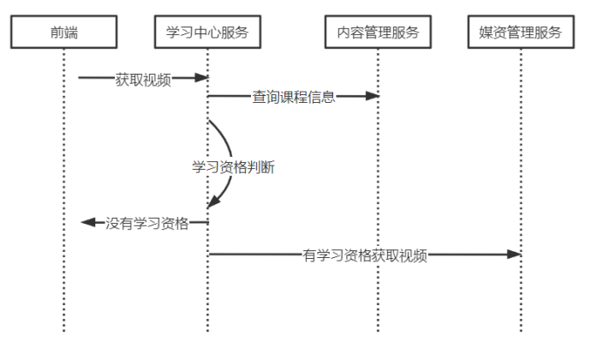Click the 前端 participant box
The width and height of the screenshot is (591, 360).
click(63, 33)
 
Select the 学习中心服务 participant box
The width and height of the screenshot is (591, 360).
click(208, 33)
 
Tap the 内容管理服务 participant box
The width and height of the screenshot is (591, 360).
click(378, 33)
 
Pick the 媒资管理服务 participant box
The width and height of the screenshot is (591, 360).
click(521, 33)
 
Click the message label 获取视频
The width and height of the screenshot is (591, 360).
click(143, 81)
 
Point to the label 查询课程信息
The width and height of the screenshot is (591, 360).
click(293, 97)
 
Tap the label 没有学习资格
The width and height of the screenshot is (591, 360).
click(147, 223)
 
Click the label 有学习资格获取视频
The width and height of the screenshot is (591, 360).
click(365, 255)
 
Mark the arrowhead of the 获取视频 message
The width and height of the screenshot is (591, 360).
click(202, 78)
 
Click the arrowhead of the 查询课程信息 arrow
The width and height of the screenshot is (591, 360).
click(373, 96)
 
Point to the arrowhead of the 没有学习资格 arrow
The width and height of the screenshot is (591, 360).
click(87, 223)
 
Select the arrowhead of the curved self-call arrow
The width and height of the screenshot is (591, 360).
click(212, 202)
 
